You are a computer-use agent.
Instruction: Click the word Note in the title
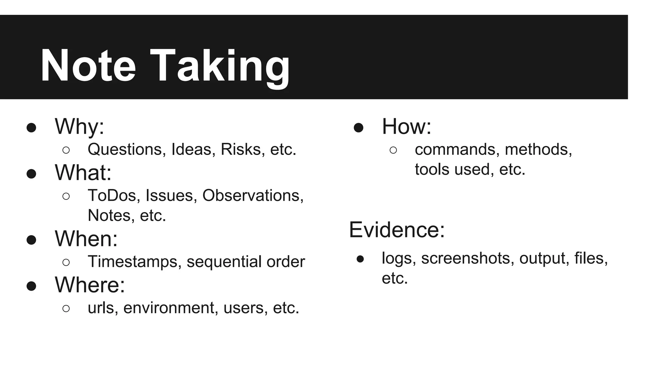(x=88, y=66)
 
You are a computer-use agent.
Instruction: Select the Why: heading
(x=79, y=126)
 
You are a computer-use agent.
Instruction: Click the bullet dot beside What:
(x=31, y=174)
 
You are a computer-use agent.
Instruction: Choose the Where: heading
(x=90, y=285)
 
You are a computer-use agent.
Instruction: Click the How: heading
(x=406, y=126)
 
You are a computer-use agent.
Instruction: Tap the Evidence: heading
(x=397, y=230)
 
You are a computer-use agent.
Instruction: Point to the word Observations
(x=253, y=195)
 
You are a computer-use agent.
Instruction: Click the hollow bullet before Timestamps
(x=66, y=262)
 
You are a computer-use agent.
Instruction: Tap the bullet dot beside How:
(x=359, y=128)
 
